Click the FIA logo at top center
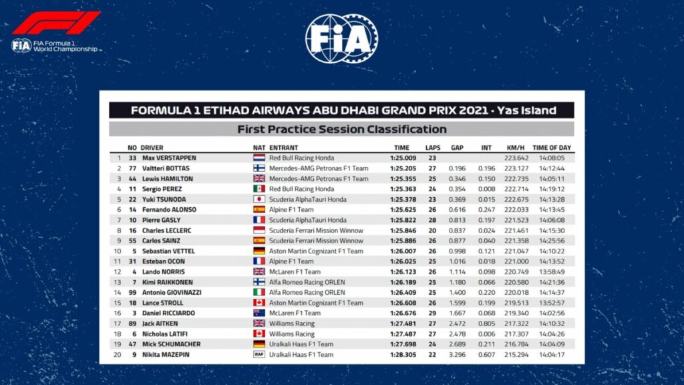(x=341, y=39)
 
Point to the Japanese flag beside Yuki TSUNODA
(x=259, y=199)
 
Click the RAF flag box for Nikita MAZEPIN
(x=259, y=354)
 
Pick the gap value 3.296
(x=457, y=354)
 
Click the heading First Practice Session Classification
(x=341, y=129)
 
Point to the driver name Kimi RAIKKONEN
(x=168, y=282)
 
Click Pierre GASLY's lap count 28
(x=432, y=220)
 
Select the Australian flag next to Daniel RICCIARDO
(x=259, y=313)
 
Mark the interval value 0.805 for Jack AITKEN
(x=486, y=324)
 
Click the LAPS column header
(x=432, y=147)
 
